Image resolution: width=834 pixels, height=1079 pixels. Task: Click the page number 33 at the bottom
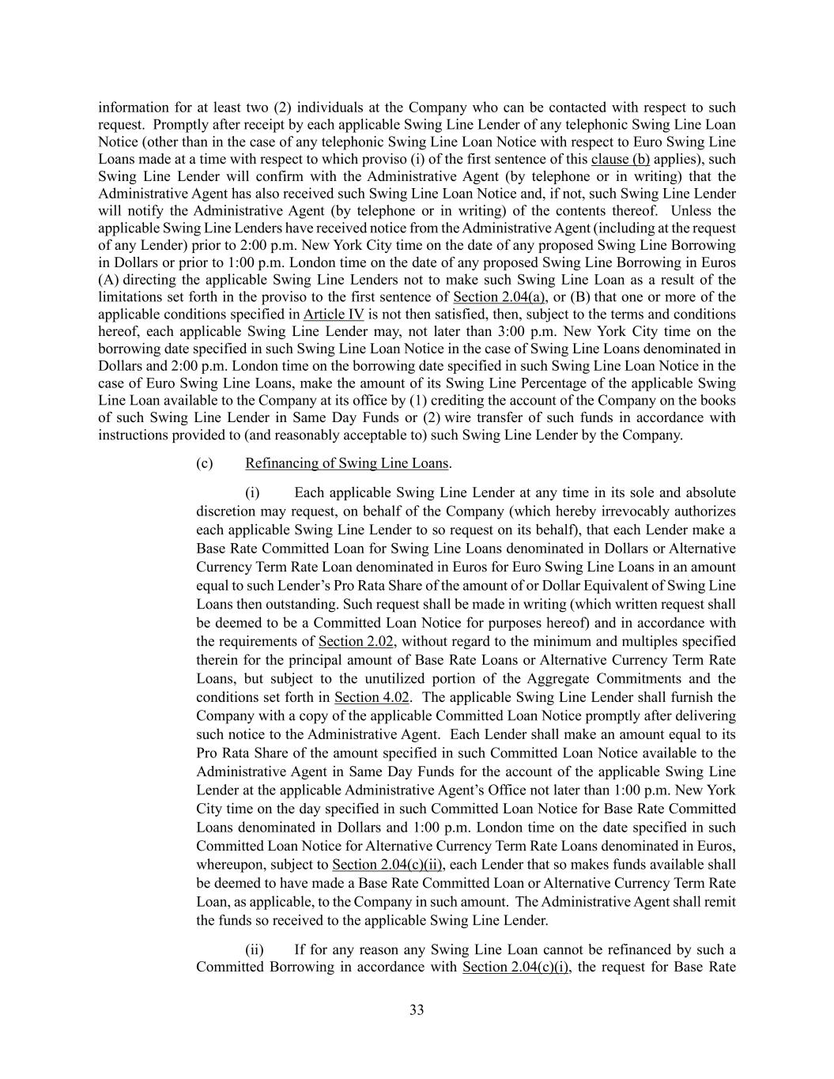coord(417,1009)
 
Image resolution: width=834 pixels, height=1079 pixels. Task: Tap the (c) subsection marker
coord(205,463)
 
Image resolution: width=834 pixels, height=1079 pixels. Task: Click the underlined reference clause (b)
coord(621,159)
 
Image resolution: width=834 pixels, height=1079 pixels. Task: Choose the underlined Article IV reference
coord(334,315)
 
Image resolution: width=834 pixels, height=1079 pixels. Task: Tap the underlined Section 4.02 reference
coord(372,697)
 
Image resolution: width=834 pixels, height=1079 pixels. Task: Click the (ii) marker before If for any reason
coord(254,949)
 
